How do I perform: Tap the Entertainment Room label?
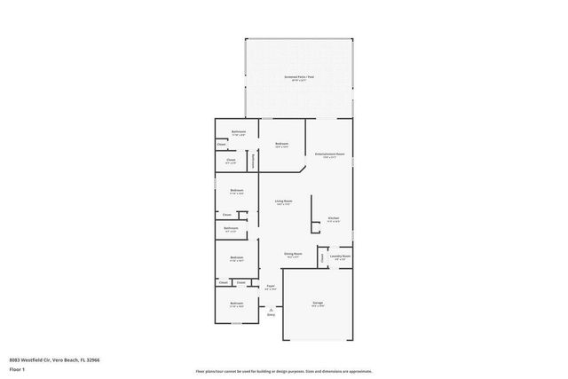(x=327, y=154)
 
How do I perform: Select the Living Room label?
(x=284, y=201)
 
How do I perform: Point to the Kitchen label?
(x=334, y=218)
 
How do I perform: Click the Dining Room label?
(x=292, y=254)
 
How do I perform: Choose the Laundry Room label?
(x=340, y=257)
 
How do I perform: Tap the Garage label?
(x=317, y=303)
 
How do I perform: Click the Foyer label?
(x=272, y=285)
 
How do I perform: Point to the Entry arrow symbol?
(x=271, y=308)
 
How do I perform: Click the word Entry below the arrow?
(x=271, y=315)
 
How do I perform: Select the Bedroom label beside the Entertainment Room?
(x=282, y=144)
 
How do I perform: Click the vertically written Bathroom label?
(x=254, y=161)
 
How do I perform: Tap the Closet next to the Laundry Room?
(x=322, y=257)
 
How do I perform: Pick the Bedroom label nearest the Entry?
(x=237, y=304)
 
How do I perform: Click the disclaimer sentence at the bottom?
(x=283, y=371)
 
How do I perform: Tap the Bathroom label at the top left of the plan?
(x=239, y=131)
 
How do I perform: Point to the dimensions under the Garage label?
(x=317, y=306)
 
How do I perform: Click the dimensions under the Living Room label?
(x=284, y=205)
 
